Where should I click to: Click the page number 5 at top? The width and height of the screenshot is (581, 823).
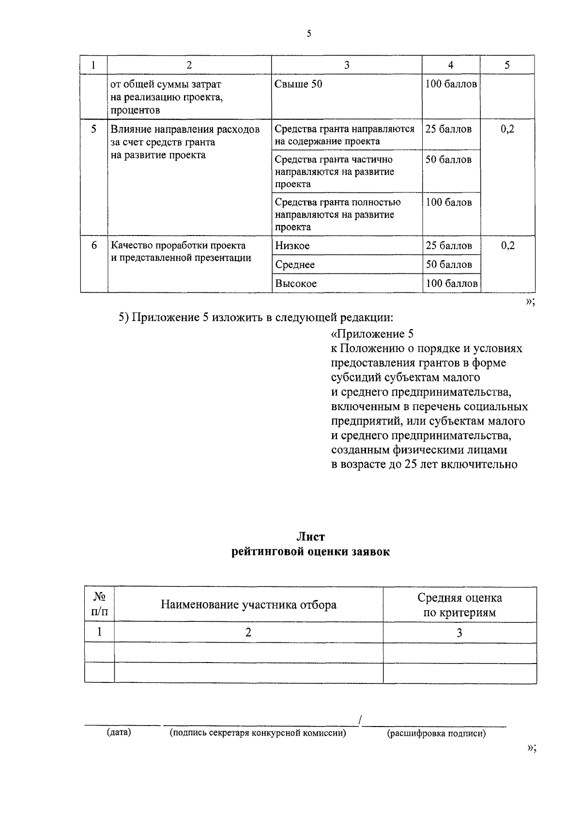[308, 33]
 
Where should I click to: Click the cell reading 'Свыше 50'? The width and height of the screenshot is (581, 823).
[298, 84]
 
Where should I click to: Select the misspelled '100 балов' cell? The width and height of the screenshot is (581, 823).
[448, 203]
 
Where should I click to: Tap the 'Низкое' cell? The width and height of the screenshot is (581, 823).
[292, 246]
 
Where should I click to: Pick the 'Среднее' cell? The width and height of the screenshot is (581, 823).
[294, 265]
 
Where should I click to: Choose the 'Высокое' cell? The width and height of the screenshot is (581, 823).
[295, 284]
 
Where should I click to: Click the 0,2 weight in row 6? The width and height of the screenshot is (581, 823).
[507, 246]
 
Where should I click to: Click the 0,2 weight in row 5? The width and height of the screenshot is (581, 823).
[507, 129]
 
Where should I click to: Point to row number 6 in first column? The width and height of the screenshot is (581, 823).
[94, 246]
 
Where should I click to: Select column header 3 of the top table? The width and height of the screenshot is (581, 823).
[346, 65]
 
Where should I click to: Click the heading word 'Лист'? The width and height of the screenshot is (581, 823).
[310, 537]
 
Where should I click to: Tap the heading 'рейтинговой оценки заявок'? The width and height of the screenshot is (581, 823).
[310, 552]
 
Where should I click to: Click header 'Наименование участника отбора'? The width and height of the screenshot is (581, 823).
[248, 605]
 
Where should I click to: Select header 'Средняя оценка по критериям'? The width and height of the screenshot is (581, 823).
[459, 605]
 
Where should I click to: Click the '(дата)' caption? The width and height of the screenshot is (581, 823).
[119, 732]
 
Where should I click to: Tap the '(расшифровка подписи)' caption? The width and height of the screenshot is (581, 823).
[436, 733]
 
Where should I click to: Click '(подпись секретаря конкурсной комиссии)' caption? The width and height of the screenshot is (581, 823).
[258, 733]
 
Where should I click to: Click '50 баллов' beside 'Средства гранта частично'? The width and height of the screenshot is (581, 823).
[448, 160]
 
